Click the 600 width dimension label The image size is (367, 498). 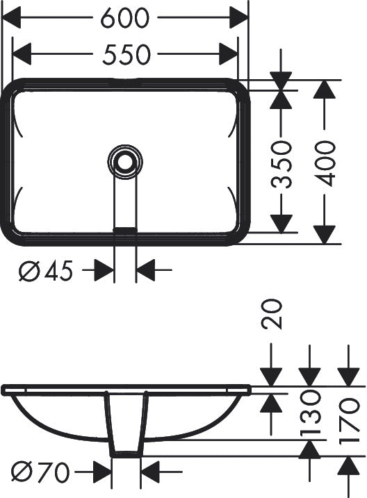pyautogui.click(x=124, y=18)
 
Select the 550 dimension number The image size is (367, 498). pyautogui.click(x=126, y=54)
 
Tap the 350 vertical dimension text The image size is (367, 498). pyautogui.click(x=281, y=165)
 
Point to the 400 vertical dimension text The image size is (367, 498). pyautogui.click(x=325, y=163)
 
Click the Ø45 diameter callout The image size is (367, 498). pyautogui.click(x=46, y=271)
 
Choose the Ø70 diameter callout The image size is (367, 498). pyautogui.click(x=40, y=472)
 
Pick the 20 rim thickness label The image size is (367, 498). pyautogui.click(x=271, y=314)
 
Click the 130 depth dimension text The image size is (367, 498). pyautogui.click(x=310, y=413)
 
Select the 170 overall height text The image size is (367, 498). pyautogui.click(x=348, y=421)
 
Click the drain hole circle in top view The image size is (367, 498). pyautogui.click(x=124, y=162)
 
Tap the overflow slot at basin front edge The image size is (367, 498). pyautogui.click(x=125, y=230)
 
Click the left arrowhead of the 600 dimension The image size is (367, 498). pyautogui.click(x=11, y=17)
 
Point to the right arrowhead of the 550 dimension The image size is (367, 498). pyautogui.click(x=229, y=53)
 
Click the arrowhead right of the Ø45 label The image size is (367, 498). pyautogui.click(x=104, y=271)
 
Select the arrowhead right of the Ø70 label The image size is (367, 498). pyautogui.click(x=101, y=472)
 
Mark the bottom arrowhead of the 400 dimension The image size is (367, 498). pyautogui.click(x=325, y=235)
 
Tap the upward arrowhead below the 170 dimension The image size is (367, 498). pyautogui.click(x=348, y=467)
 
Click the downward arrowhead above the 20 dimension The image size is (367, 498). pyautogui.click(x=271, y=377)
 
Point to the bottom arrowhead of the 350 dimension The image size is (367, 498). pyautogui.click(x=282, y=224)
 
